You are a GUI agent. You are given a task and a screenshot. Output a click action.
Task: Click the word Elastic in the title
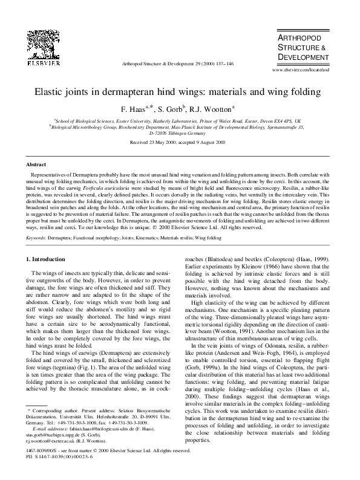pos(57,92)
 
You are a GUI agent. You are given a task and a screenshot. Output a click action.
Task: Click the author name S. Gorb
pos(177,109)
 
